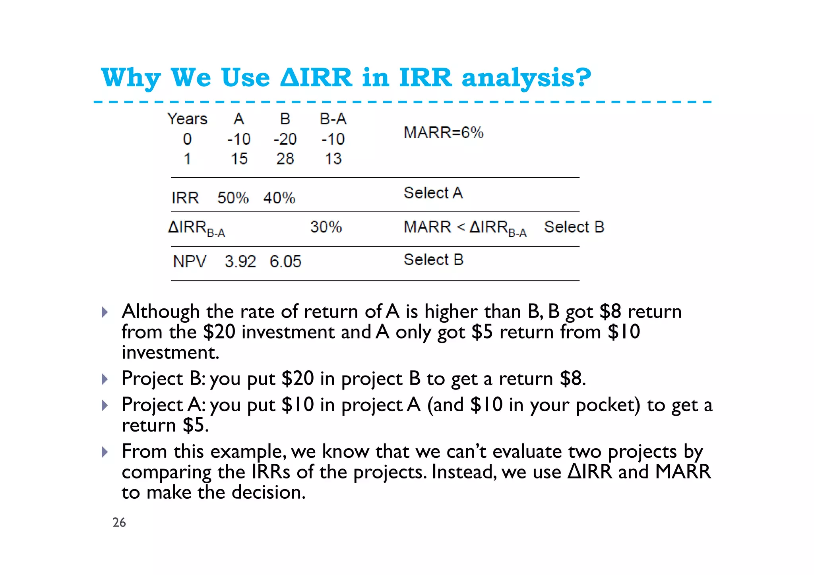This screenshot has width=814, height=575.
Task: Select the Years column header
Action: tap(187, 119)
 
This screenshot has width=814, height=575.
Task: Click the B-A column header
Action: tap(333, 119)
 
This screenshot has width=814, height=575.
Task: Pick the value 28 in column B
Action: tap(285, 159)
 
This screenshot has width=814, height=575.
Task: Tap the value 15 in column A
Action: tap(239, 159)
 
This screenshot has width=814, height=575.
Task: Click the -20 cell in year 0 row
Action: tap(285, 139)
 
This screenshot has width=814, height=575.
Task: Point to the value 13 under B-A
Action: tap(333, 159)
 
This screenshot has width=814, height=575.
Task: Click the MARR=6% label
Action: tap(443, 133)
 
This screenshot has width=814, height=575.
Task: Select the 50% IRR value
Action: tap(233, 198)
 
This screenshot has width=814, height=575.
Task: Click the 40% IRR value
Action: tap(279, 198)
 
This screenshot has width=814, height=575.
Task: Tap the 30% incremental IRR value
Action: tap(326, 227)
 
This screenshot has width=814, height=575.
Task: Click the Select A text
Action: tap(433, 193)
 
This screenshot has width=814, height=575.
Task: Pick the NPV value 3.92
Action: tap(240, 261)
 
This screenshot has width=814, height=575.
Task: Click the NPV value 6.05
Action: tap(285, 261)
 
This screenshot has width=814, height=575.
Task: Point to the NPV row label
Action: tap(190, 261)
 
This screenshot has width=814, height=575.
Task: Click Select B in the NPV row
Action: tap(433, 260)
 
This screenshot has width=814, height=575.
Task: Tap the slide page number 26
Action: tap(119, 523)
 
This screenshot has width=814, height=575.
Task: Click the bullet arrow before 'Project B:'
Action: tap(105, 379)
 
